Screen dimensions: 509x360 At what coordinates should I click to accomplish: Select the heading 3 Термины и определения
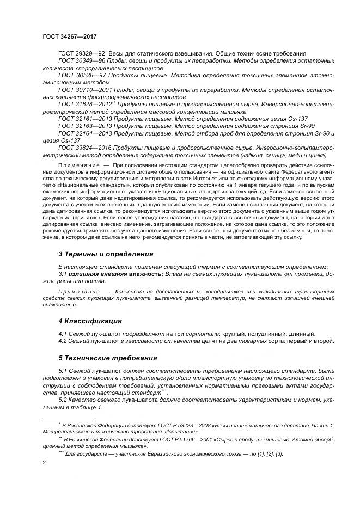coord(106,254)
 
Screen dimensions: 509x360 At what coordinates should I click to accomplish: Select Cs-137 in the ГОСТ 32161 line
coord(296,118)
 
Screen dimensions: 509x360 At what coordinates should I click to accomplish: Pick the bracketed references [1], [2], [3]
coord(265,453)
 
